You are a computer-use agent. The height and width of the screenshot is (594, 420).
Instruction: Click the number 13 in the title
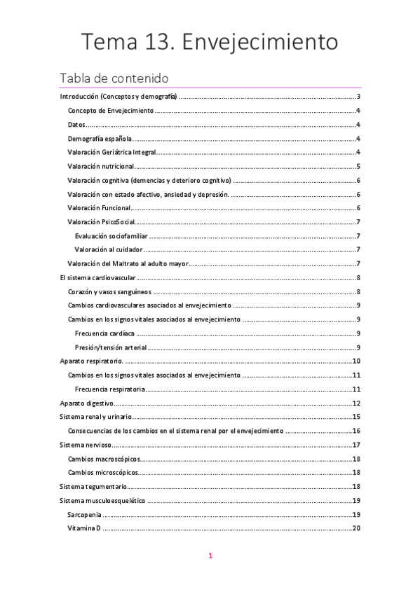click(158, 41)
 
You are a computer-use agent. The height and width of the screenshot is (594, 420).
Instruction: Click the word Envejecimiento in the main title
click(259, 41)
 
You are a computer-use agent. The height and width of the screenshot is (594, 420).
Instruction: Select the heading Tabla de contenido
click(114, 77)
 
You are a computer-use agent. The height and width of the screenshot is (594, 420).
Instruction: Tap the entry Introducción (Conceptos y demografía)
click(118, 97)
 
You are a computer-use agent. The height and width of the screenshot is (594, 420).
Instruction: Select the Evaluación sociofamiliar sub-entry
click(111, 236)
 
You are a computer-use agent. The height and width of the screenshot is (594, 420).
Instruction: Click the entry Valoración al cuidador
click(109, 249)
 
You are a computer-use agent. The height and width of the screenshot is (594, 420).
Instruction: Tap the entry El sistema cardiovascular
click(97, 278)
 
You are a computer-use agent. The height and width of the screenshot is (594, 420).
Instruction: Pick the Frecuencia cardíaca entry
click(104, 333)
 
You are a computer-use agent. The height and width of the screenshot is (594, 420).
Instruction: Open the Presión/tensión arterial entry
click(110, 347)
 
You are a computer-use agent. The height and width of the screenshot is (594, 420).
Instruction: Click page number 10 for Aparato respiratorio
click(355, 361)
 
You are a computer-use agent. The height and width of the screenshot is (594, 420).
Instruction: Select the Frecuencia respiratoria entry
click(110, 389)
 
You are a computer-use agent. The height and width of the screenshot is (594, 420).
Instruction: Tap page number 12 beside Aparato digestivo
click(355, 403)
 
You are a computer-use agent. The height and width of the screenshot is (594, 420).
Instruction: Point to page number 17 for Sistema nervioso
click(355, 445)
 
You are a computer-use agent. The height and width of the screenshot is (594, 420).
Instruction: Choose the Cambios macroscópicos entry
click(104, 459)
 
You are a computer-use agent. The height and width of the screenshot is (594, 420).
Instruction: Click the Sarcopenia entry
click(85, 514)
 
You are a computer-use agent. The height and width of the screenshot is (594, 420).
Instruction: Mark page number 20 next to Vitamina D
click(355, 528)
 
